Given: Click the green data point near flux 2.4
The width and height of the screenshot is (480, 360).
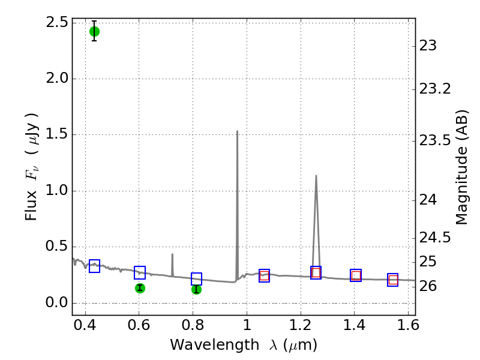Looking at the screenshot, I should [x=94, y=31].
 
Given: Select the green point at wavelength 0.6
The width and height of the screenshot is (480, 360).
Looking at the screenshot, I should [x=140, y=288].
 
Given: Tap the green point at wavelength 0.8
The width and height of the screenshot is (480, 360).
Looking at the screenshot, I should [x=196, y=289].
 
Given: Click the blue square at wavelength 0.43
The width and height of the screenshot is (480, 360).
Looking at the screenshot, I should [x=94, y=266].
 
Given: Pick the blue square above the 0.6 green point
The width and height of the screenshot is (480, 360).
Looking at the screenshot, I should [x=140, y=272].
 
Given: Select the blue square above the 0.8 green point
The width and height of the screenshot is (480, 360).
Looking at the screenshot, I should [x=196, y=279].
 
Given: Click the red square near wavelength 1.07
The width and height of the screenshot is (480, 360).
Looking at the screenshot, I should [x=264, y=275].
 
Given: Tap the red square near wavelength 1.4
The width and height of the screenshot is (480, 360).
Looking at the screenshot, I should [x=356, y=275].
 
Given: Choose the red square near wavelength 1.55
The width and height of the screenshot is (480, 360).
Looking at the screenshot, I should [x=393, y=280].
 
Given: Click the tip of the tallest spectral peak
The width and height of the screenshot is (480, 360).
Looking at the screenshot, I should [x=237, y=131].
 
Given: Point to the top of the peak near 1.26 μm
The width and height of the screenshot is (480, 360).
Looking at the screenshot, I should [x=316, y=176].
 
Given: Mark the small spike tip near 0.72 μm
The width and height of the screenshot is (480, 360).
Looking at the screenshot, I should [x=172, y=254].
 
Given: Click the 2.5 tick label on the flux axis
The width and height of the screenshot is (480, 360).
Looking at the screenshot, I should [x=56, y=23].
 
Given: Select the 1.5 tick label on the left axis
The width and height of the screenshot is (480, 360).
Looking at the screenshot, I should [x=56, y=134].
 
